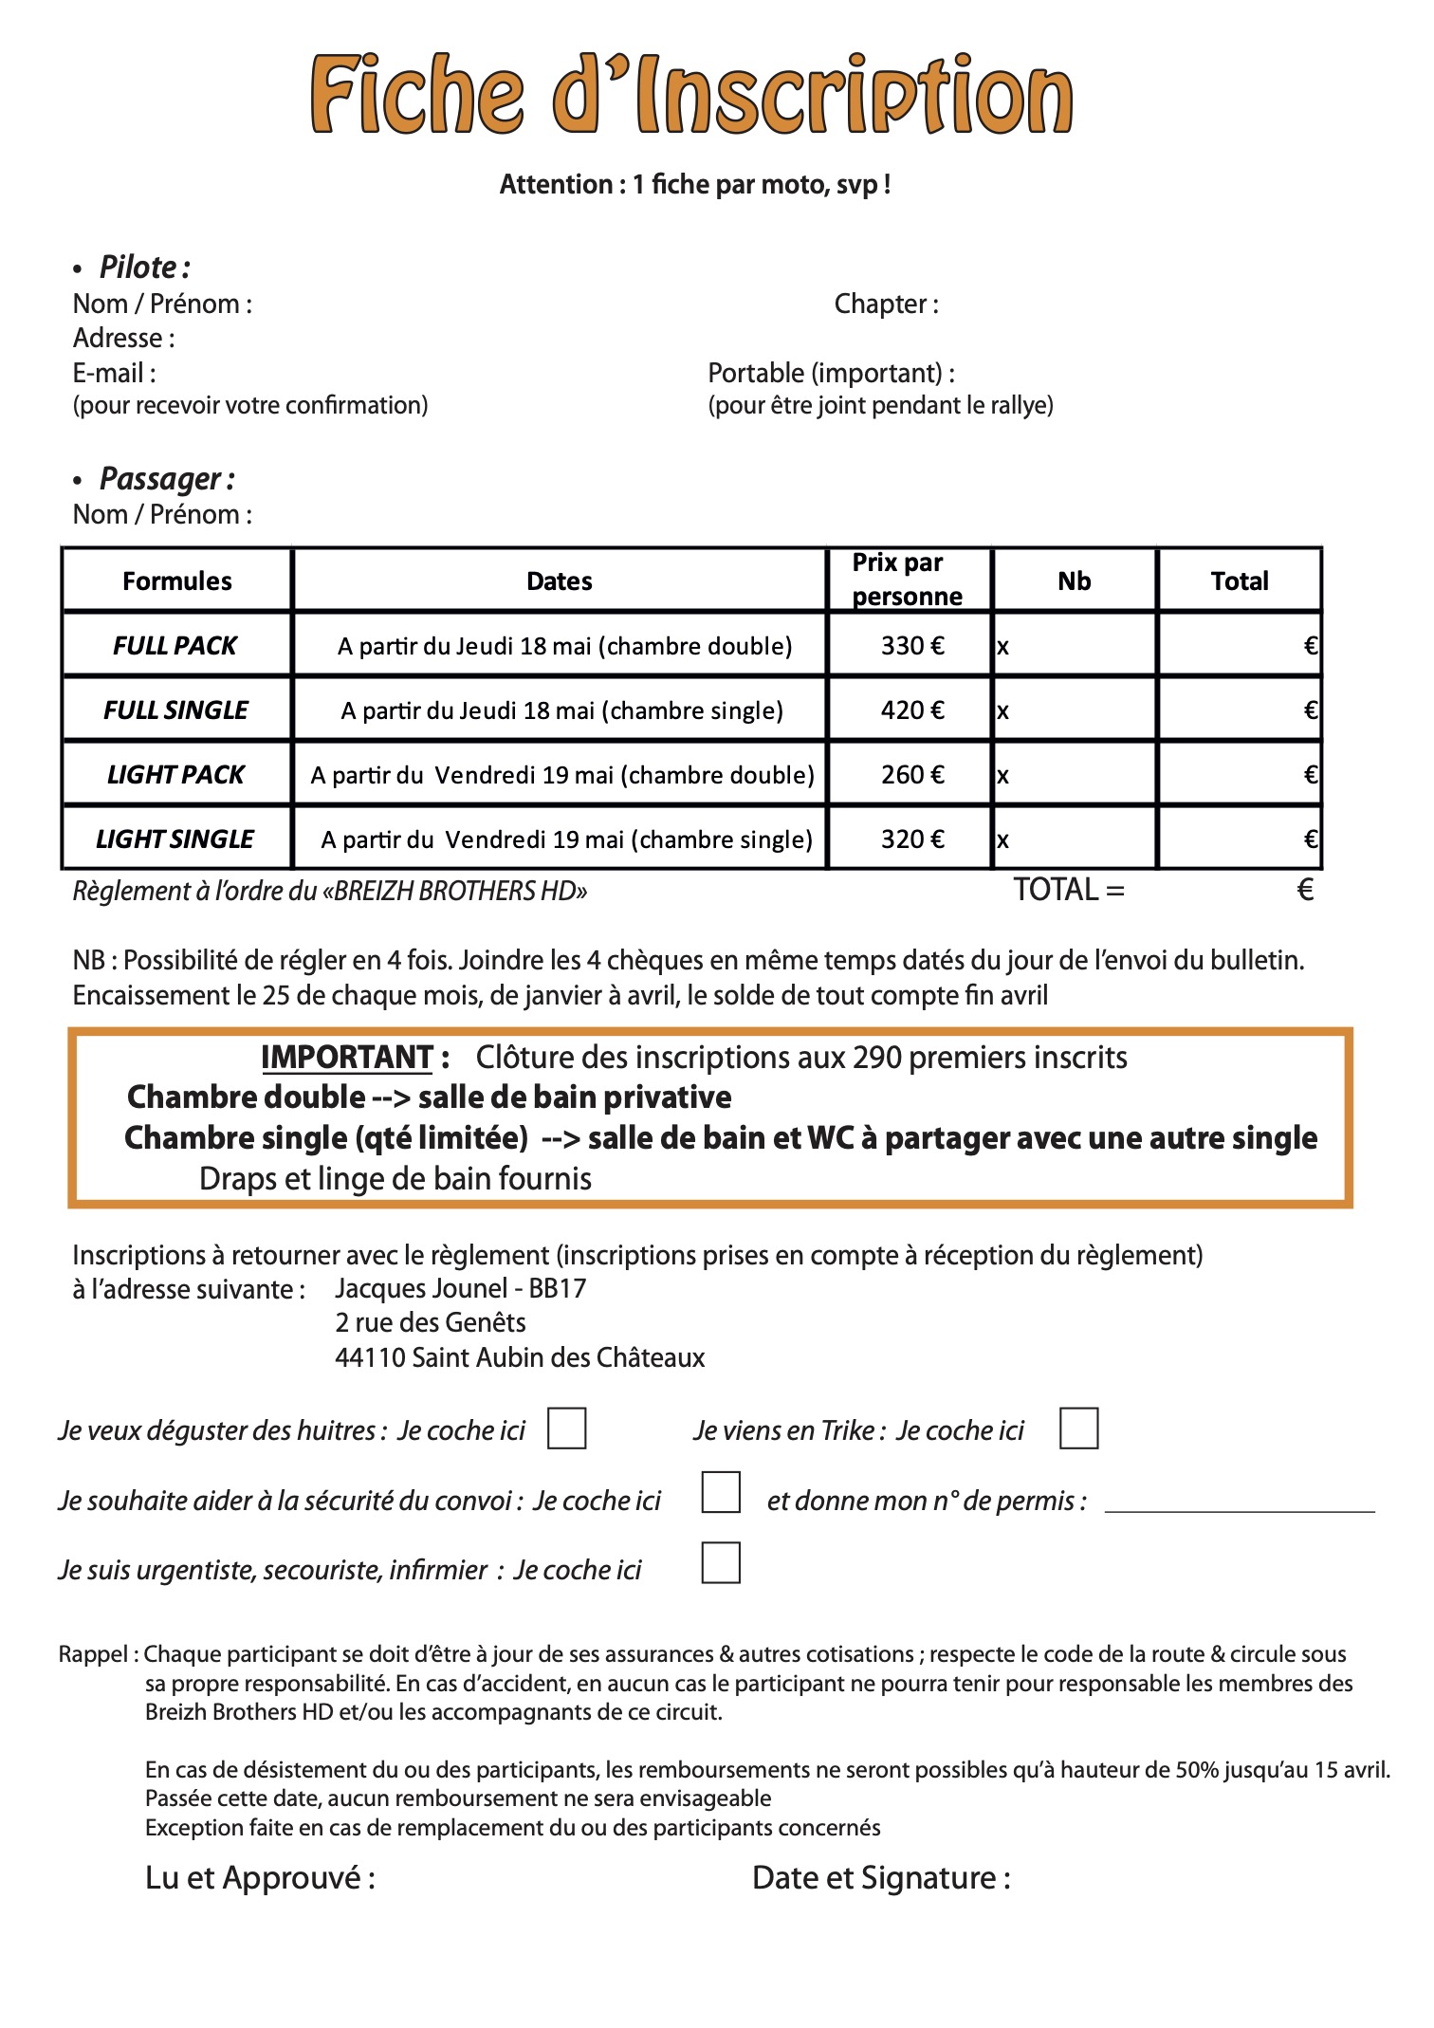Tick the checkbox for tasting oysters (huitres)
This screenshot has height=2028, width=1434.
click(566, 1429)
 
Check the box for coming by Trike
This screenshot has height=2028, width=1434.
click(1078, 1429)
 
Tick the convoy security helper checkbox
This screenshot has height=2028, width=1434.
click(720, 1493)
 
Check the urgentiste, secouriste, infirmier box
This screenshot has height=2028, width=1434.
click(720, 1563)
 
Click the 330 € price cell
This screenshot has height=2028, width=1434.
click(911, 646)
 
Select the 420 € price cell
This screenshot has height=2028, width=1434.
click(911, 710)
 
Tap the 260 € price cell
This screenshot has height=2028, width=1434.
click(911, 775)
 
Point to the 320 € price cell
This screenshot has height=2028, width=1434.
click(911, 839)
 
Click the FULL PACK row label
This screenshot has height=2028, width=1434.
click(175, 646)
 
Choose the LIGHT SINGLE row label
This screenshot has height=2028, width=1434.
click(175, 839)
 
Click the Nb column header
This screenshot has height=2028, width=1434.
click(1074, 581)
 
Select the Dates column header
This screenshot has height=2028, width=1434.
click(559, 581)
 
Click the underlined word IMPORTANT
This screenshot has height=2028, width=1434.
click(347, 1058)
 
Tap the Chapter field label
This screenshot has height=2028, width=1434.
click(886, 304)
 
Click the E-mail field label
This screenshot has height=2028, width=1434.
click(114, 373)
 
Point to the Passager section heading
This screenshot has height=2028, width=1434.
click(167, 479)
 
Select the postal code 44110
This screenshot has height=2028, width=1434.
click(370, 1357)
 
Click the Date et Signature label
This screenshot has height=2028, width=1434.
click(881, 1877)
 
